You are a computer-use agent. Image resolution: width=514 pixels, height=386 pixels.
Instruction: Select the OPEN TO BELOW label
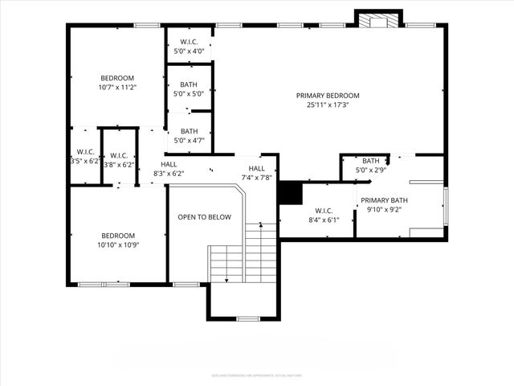tap(204, 217)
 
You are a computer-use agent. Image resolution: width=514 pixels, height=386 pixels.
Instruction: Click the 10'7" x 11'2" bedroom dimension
tap(117, 87)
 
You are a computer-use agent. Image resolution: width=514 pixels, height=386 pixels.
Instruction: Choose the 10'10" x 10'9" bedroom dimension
tap(117, 244)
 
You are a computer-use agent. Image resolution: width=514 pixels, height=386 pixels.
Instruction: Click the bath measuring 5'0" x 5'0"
tap(189, 89)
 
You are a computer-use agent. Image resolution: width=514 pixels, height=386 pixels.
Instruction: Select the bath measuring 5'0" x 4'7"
tap(189, 136)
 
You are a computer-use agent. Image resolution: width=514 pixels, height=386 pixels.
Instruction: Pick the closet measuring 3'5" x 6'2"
tap(85, 157)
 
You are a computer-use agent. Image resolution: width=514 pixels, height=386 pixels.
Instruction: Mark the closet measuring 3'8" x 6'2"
tap(119, 160)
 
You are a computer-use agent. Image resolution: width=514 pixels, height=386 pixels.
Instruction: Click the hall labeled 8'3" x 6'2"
tap(169, 169)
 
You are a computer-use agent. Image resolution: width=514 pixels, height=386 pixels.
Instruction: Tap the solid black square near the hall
tap(289, 193)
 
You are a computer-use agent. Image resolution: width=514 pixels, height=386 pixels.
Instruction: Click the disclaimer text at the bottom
tap(257, 374)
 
